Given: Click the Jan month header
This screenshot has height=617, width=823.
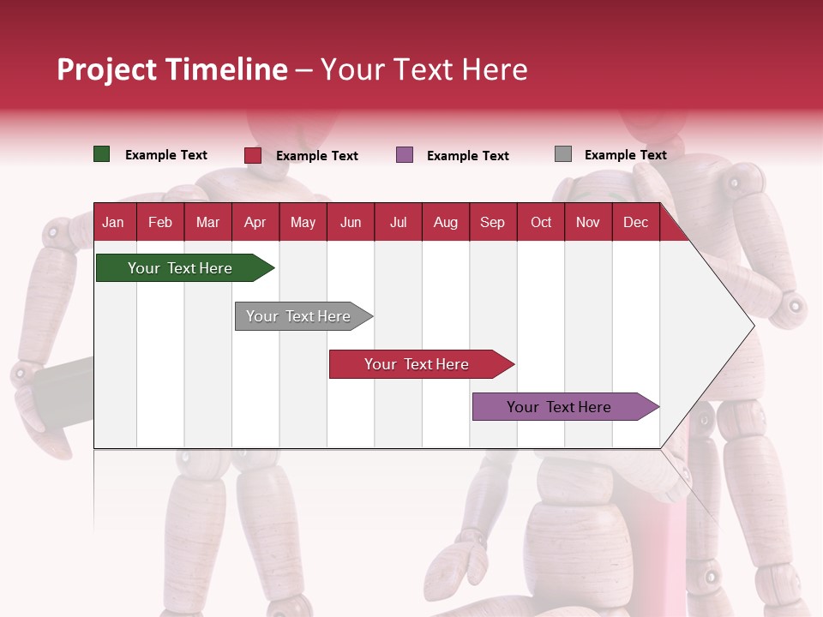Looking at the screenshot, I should pyautogui.click(x=113, y=223).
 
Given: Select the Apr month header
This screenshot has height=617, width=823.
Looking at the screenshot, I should pyautogui.click(x=255, y=223).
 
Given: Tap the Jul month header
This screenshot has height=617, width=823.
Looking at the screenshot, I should pyautogui.click(x=398, y=223).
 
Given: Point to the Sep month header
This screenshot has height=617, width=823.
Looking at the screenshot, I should pyautogui.click(x=492, y=223).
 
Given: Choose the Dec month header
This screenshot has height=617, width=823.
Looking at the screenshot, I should pyautogui.click(x=635, y=223).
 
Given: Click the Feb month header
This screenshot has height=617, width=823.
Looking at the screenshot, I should pyautogui.click(x=160, y=223).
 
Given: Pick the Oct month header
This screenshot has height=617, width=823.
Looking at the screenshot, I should pyautogui.click(x=541, y=223).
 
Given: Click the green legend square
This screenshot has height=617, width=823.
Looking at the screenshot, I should pyautogui.click(x=102, y=154).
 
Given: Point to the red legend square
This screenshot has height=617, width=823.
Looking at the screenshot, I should pyautogui.click(x=253, y=155).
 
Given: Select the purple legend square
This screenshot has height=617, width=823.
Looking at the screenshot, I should pyautogui.click(x=405, y=155).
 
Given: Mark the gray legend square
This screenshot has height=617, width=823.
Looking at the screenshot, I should pyautogui.click(x=563, y=154).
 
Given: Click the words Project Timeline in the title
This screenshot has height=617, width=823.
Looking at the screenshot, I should pyautogui.click(x=172, y=69).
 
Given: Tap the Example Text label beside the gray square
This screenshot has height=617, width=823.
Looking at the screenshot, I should pyautogui.click(x=625, y=155).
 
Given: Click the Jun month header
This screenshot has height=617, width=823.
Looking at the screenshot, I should pyautogui.click(x=351, y=223).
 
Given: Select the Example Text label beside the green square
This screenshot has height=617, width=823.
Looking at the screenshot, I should pyautogui.click(x=166, y=155).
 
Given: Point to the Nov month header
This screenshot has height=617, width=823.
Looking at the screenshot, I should pyautogui.click(x=588, y=223).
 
